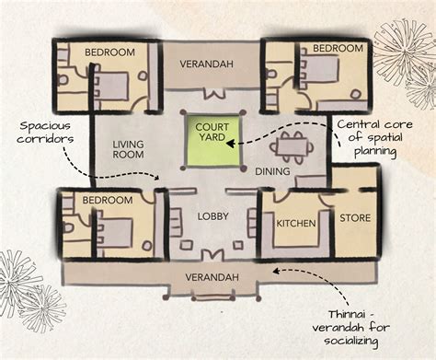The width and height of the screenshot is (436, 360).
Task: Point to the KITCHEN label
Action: click(x=296, y=223)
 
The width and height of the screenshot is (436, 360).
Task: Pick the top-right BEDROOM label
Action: click(x=337, y=47)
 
